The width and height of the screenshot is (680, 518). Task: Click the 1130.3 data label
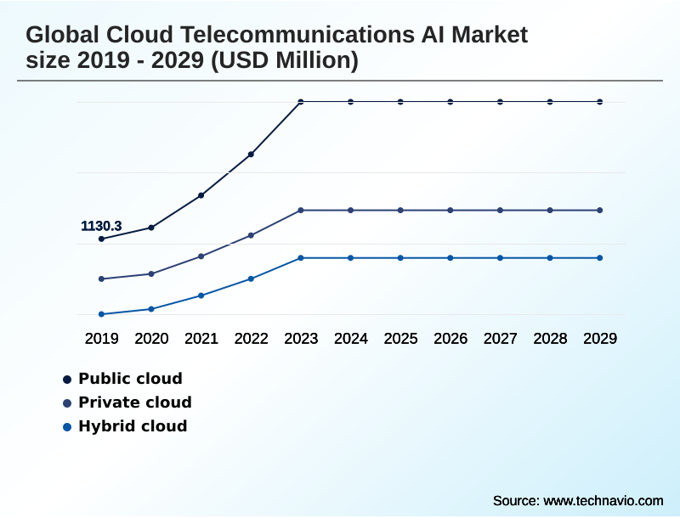click(x=101, y=226)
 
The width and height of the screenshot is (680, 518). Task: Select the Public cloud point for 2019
click(x=101, y=239)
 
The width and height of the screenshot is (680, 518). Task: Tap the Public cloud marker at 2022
click(x=251, y=155)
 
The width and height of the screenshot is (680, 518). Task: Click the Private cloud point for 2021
click(x=201, y=256)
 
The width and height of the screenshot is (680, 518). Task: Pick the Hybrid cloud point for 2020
click(x=151, y=309)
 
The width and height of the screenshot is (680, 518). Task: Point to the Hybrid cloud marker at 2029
click(x=600, y=257)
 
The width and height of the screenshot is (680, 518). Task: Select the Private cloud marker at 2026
click(x=450, y=210)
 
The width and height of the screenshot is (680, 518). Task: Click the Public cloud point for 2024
click(x=350, y=102)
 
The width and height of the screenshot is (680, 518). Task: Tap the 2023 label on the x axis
click(x=301, y=339)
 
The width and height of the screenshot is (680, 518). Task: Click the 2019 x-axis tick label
click(x=101, y=339)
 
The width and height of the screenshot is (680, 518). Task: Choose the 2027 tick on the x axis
click(x=500, y=339)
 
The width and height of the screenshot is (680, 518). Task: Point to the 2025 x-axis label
click(x=400, y=339)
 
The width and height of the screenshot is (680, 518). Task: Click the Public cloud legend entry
click(x=130, y=379)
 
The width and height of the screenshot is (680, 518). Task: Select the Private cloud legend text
click(x=134, y=403)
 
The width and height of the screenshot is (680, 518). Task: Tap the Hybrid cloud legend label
click(x=133, y=426)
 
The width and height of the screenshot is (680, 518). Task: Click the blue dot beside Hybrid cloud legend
click(x=66, y=426)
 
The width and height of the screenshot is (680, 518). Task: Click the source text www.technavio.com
click(x=603, y=500)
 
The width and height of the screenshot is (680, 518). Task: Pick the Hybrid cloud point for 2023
click(x=301, y=257)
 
